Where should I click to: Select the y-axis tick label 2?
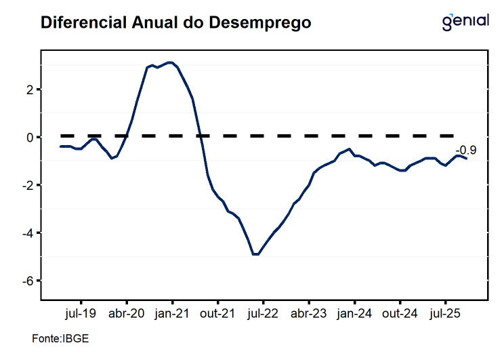click(x=30, y=89)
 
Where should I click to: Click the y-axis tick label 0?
click(x=30, y=138)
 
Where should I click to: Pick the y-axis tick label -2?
click(x=28, y=185)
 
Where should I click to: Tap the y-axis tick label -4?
click(x=28, y=233)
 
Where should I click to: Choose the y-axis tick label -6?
click(x=28, y=281)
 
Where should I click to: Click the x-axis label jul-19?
click(x=81, y=313)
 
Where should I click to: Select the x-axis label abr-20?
click(x=127, y=313)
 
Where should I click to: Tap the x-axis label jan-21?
click(x=172, y=313)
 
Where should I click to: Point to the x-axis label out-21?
click(x=217, y=313)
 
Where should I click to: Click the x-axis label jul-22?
click(x=263, y=313)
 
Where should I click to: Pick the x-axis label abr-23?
click(x=309, y=313)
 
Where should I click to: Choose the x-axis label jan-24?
click(x=354, y=313)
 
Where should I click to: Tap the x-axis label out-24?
click(x=400, y=313)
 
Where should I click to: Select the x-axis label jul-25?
click(x=445, y=313)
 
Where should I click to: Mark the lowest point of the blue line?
click(x=255, y=254)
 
